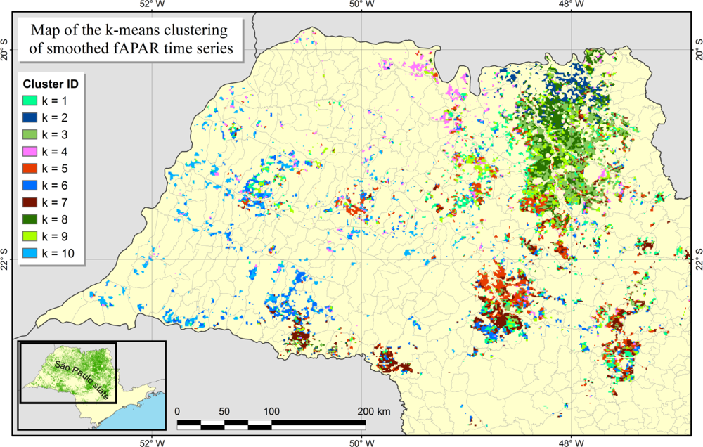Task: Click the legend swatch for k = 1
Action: tap(30, 101)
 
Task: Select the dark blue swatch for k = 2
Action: tap(30, 118)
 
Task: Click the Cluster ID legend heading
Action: tap(49, 84)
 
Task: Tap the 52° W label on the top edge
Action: tap(152, 5)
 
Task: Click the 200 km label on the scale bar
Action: tap(373, 410)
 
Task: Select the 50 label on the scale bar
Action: tap(224, 410)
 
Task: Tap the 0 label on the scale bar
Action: tap(177, 410)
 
